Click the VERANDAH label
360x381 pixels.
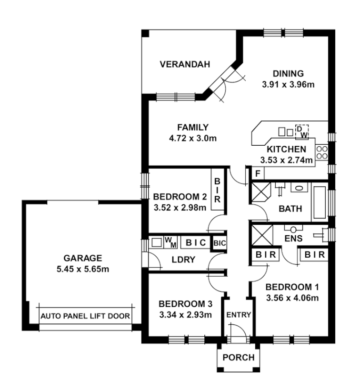click(x=185, y=65)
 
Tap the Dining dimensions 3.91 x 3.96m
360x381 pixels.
click(x=289, y=85)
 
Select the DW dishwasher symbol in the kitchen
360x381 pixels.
click(x=302, y=132)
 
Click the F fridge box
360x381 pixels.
click(x=257, y=174)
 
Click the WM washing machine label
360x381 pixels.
click(x=170, y=241)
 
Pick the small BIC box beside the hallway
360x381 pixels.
click(x=219, y=243)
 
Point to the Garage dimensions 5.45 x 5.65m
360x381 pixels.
click(x=84, y=270)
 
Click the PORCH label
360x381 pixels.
click(x=238, y=358)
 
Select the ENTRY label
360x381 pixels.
click(x=238, y=315)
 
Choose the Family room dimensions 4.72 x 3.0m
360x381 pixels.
click(x=192, y=139)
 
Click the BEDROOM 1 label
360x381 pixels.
click(x=291, y=287)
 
